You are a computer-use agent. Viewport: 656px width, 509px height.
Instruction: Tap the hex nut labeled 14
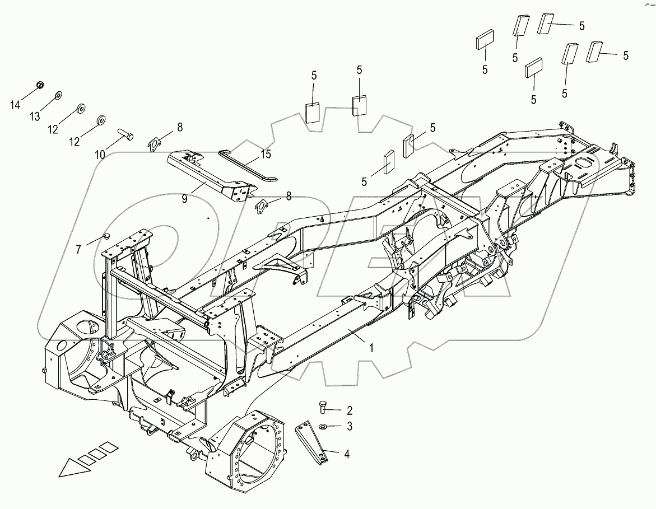click(x=40, y=85)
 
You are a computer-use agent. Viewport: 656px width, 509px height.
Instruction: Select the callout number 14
click(x=15, y=104)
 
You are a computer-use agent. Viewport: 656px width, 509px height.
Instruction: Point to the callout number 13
click(x=35, y=116)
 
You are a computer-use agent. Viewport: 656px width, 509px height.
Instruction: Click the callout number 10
click(x=100, y=155)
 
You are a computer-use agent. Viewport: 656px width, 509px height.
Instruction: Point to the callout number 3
click(x=349, y=427)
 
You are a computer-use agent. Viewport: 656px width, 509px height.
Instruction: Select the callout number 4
click(x=346, y=455)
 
